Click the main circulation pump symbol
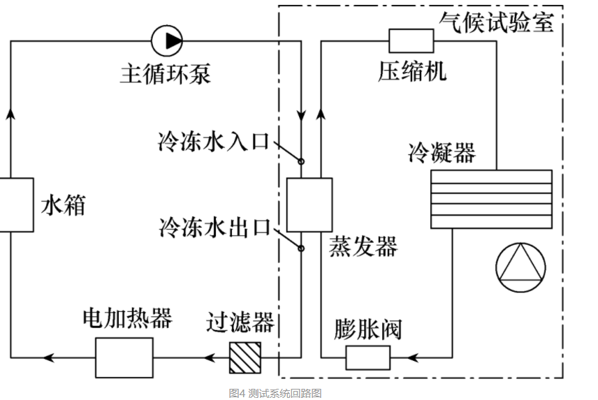[x=168, y=40]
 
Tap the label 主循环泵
[x=165, y=74]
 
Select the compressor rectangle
[x=411, y=40]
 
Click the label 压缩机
[x=413, y=71]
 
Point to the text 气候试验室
[x=497, y=22]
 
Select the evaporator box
[x=309, y=205]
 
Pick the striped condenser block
[x=491, y=199]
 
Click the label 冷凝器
[x=442, y=152]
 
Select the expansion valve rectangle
[x=367, y=358]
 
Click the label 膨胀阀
[x=369, y=329]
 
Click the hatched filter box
[x=245, y=358]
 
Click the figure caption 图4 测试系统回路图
[x=275, y=393]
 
